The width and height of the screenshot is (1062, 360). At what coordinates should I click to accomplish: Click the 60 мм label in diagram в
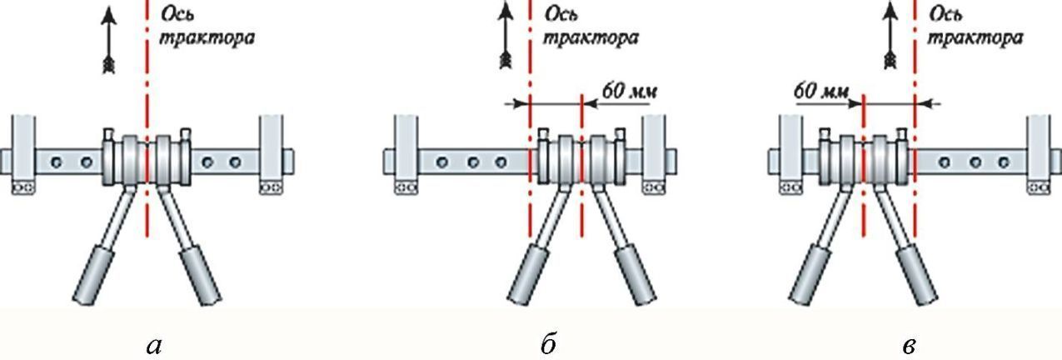819,91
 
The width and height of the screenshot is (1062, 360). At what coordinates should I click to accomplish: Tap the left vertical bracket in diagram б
405,155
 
